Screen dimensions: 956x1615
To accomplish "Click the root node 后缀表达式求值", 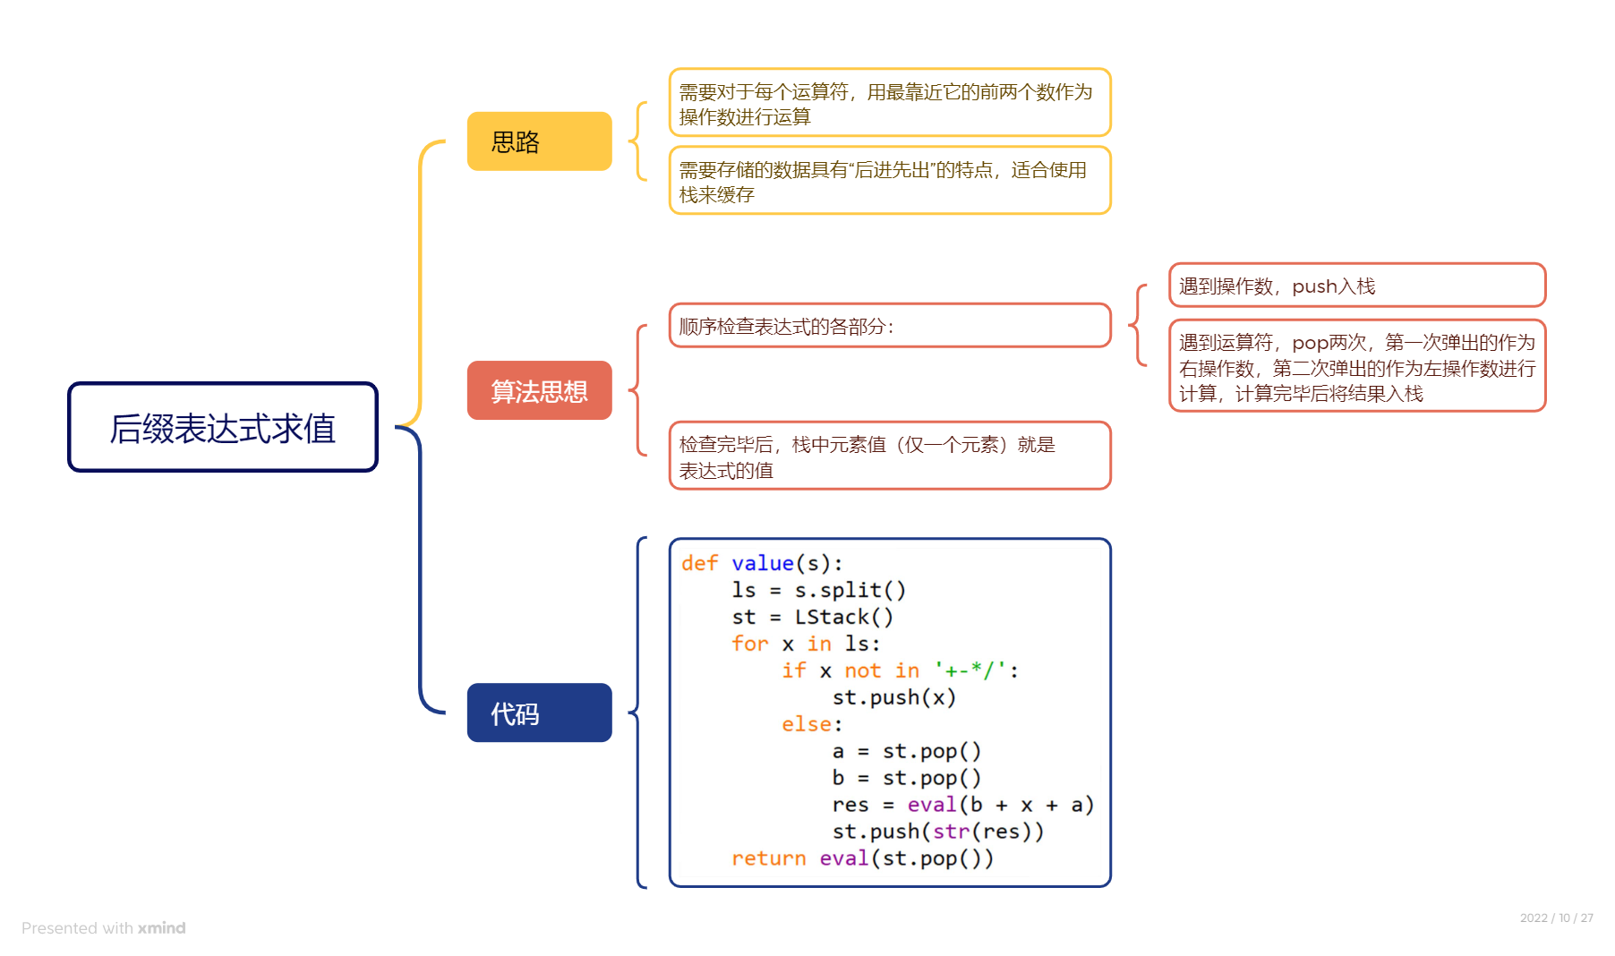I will tap(222, 428).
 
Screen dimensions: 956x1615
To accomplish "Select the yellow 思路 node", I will tap(539, 141).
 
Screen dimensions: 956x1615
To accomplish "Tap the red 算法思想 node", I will tap(539, 390).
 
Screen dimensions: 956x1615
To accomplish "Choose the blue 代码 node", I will tap(539, 713).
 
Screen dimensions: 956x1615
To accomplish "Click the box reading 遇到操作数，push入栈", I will tap(1356, 286).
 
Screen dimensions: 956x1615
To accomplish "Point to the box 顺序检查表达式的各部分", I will tap(889, 326).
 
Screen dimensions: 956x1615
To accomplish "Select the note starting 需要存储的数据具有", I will tap(889, 181).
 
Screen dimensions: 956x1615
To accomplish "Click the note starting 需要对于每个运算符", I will tap(889, 103).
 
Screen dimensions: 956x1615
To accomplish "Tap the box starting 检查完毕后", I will tap(889, 457).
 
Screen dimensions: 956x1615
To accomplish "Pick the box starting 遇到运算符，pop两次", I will tap(1356, 366).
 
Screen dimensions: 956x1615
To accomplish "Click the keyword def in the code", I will tap(699, 563).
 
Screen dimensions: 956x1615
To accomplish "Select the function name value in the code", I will tap(762, 563).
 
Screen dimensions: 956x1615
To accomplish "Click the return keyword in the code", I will tap(768, 858).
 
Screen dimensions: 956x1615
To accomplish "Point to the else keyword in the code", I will tap(806, 724).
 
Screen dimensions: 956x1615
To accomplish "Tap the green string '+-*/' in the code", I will tap(970, 670).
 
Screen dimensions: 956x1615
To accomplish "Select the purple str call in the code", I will tap(951, 832).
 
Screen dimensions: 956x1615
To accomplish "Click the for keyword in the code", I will tap(749, 644).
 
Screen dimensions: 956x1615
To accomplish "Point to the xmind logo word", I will tap(161, 928).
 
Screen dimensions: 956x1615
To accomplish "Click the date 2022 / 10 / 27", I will tap(1556, 918).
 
